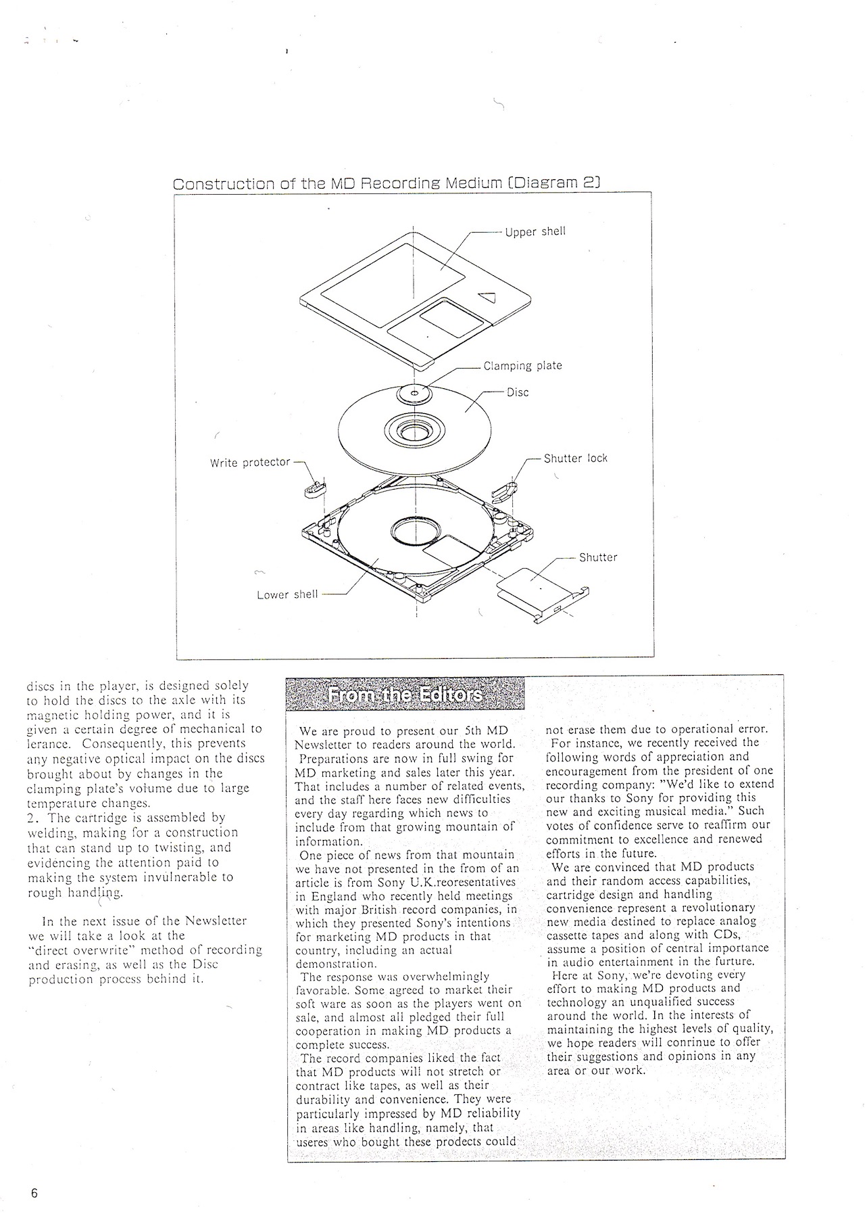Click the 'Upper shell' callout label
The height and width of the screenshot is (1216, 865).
pyautogui.click(x=535, y=232)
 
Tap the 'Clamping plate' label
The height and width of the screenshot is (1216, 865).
pyautogui.click(x=522, y=366)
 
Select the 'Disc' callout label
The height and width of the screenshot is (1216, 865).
pyautogui.click(x=518, y=393)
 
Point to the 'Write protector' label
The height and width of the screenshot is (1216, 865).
pyautogui.click(x=250, y=463)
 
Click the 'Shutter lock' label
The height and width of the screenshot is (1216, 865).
pyautogui.click(x=576, y=459)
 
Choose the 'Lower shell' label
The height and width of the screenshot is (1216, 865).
pyautogui.click(x=287, y=595)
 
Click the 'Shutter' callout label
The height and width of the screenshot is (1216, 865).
pyautogui.click(x=598, y=558)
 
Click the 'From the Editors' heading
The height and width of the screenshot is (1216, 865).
pyautogui.click(x=404, y=696)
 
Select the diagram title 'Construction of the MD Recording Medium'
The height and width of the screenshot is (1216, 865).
pyautogui.click(x=387, y=183)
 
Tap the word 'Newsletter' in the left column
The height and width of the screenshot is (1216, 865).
pyautogui.click(x=216, y=921)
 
